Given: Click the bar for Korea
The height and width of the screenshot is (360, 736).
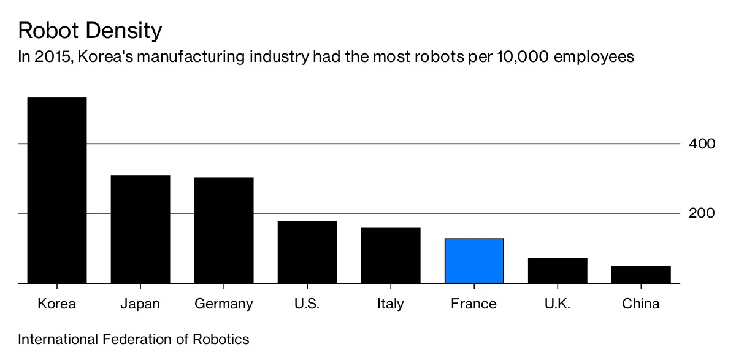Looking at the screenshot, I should [x=56, y=190].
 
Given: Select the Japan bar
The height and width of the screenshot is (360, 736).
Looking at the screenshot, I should [x=140, y=229].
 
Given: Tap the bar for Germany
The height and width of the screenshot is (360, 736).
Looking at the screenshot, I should [x=223, y=231].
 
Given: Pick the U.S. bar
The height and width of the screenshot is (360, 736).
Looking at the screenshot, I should [x=307, y=252].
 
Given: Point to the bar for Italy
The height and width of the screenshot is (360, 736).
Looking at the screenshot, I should [x=390, y=255].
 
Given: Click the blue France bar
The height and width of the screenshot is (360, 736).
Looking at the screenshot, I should [x=474, y=261].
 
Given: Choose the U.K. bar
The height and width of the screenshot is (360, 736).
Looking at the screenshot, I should [x=558, y=270].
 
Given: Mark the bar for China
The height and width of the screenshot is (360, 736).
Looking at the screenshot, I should [x=641, y=274].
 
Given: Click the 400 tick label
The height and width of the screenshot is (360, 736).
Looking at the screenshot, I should [x=702, y=144].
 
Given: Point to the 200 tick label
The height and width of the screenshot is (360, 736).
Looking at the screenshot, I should [x=702, y=213].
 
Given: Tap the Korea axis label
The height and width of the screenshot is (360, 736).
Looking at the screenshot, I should [x=56, y=304].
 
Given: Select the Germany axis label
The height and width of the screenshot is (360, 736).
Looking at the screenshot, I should [x=223, y=304].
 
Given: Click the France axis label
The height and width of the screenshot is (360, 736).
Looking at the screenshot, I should [x=473, y=304].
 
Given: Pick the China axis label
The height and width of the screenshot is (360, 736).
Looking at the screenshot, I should [x=641, y=304].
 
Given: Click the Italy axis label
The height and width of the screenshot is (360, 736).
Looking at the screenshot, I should [x=390, y=304].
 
